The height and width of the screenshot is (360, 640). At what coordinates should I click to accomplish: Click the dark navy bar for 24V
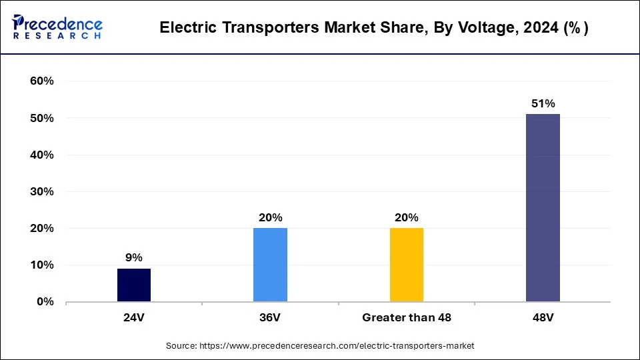tap(134, 285)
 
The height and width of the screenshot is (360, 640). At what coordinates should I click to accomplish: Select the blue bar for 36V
tap(270, 265)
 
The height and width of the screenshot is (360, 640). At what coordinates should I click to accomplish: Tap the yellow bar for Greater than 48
tap(407, 265)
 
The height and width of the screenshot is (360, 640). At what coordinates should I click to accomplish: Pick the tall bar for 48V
tap(543, 207)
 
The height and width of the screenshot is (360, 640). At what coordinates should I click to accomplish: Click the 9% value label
tap(134, 257)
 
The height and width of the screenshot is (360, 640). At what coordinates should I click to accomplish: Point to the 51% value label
tap(543, 103)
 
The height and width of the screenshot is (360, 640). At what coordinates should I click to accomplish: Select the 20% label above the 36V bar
tap(271, 217)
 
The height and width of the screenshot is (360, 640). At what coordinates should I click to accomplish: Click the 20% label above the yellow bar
tap(407, 217)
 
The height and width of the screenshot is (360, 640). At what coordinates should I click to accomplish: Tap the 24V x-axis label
tap(134, 318)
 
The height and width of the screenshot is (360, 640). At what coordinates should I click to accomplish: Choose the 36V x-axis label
tap(270, 318)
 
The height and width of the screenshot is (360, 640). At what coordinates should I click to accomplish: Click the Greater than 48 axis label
tap(407, 318)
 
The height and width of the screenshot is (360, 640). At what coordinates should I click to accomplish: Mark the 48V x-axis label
tap(543, 318)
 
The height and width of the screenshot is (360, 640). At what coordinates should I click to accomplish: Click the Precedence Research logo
tap(58, 27)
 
